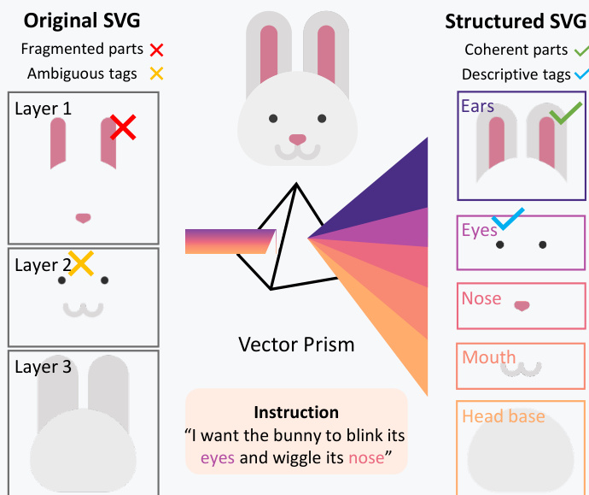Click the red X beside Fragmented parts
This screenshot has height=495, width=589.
[x=156, y=50]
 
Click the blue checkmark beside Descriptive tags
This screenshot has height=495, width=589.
[x=581, y=74]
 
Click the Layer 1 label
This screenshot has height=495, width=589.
[x=44, y=109]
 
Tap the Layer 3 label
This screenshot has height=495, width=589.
[x=44, y=368]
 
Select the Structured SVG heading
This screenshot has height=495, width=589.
[x=516, y=21]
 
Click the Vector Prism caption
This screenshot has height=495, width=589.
[x=296, y=345]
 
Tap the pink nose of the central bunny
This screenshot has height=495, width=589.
[x=296, y=138]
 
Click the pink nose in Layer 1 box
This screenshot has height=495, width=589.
[x=83, y=218]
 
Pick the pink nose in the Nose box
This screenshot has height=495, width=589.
[x=522, y=304]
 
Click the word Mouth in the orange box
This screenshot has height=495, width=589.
[x=489, y=357]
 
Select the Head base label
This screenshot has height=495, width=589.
[x=503, y=416]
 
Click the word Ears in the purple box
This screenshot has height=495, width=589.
[x=477, y=106]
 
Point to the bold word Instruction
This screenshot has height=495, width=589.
[x=296, y=413]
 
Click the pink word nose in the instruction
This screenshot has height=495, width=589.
[x=368, y=457]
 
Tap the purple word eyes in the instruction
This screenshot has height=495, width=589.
[x=218, y=457]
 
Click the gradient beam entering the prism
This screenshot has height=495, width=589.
[x=229, y=241]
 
